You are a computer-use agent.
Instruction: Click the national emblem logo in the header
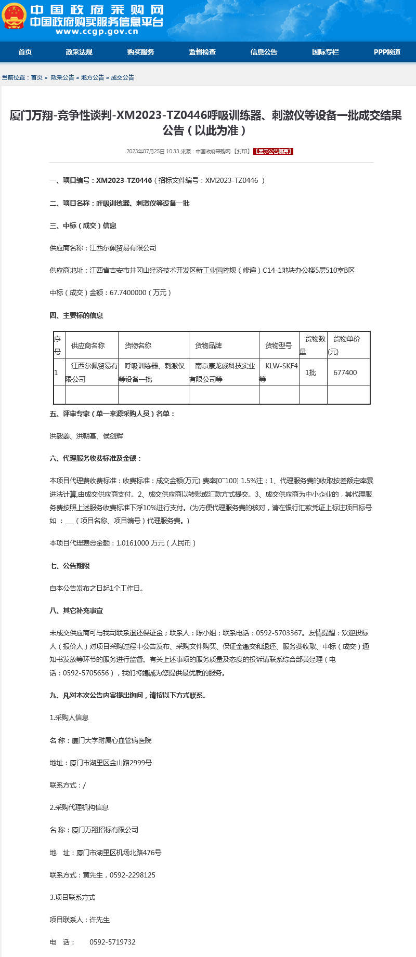(x=14, y=16)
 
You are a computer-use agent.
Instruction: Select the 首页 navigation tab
(x=25, y=52)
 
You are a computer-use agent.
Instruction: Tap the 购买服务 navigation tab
(x=140, y=52)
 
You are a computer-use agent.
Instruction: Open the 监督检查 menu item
(x=202, y=52)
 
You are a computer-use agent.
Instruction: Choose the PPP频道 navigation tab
(x=387, y=52)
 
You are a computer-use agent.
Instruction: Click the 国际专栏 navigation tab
(x=326, y=52)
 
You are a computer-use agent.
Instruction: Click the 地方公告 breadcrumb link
(x=93, y=77)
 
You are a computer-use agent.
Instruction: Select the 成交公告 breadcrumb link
(x=123, y=77)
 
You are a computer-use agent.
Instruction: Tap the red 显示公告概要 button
(x=274, y=152)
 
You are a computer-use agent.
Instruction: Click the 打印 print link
(x=242, y=152)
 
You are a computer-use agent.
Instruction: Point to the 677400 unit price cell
(x=345, y=373)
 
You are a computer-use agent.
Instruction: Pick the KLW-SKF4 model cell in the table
(x=281, y=366)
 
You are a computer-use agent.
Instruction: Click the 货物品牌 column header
(x=209, y=345)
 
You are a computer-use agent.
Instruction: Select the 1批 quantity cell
(x=310, y=373)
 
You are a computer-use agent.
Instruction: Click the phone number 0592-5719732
(x=112, y=942)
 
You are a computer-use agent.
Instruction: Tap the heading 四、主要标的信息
(x=76, y=315)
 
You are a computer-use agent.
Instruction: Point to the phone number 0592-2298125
(x=133, y=875)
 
